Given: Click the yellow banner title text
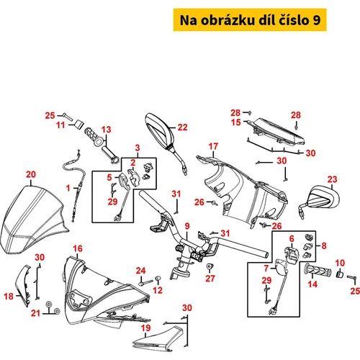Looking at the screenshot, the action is coord(250,20).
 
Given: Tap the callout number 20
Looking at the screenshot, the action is coord(31,174).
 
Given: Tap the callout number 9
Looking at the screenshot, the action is coord(187,226).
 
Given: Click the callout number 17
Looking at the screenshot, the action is coord(213,146).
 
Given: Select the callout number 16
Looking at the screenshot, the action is coord(78,248).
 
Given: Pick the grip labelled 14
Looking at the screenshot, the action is coord(318,271).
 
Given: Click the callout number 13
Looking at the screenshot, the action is coord(106,130).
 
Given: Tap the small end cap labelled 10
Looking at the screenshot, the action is coord(339,274).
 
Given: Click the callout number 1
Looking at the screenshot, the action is coord(68,188).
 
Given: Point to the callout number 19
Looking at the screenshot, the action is coord(145,328).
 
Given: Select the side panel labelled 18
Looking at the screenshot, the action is coord(23,286).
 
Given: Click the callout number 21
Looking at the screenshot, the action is coord(35,313).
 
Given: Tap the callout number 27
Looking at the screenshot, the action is coord(210,279).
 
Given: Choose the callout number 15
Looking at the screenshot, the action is coord(235,122).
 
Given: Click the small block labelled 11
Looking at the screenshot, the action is coord(78,125).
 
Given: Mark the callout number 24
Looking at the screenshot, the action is coord(140,271).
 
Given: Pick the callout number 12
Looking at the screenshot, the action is coord(158,290).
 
